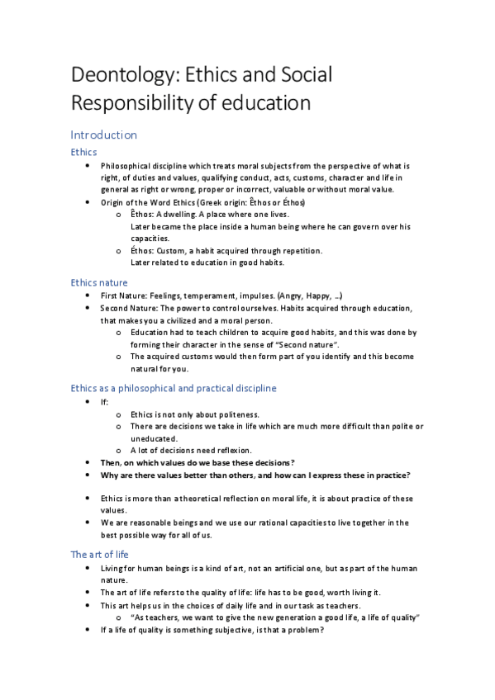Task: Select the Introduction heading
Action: pos(103,135)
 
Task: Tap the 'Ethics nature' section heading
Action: pos(99,282)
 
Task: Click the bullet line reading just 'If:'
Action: pos(104,401)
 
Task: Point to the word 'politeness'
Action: pos(236,414)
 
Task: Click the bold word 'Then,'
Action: pos(112,462)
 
